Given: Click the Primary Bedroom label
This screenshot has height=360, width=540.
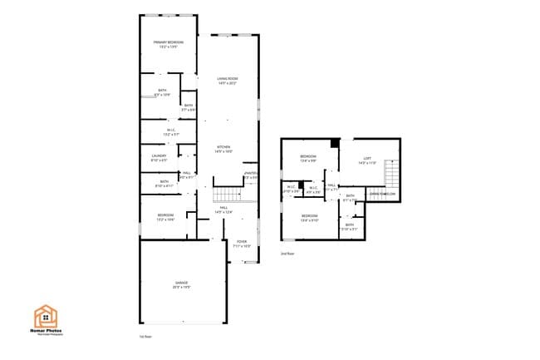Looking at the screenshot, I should tap(168, 43).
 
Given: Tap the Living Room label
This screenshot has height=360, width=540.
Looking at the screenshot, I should tap(228, 81).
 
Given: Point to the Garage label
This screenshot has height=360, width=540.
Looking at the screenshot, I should tap(182, 285).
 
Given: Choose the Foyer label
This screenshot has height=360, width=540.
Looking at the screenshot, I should tap(240, 244).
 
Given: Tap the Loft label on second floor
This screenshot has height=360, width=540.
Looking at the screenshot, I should tap(367, 160).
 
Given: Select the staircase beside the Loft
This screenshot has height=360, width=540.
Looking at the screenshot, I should tap(394, 175).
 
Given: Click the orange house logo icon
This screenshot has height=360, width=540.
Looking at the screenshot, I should tap(45, 317).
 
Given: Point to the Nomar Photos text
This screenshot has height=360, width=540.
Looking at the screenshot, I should tap(47, 331).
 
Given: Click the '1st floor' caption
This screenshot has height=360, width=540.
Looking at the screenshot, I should tap(145, 337).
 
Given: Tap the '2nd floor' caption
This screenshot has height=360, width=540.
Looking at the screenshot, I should tap(287, 253).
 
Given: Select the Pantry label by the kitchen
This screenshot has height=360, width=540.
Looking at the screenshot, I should tap(250, 175).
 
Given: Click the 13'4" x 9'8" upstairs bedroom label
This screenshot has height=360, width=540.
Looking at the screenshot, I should tap(308, 158).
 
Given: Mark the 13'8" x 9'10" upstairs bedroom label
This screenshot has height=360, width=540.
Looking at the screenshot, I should tap(309, 219).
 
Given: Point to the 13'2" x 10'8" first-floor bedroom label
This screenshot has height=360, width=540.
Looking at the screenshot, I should tap(165, 218).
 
